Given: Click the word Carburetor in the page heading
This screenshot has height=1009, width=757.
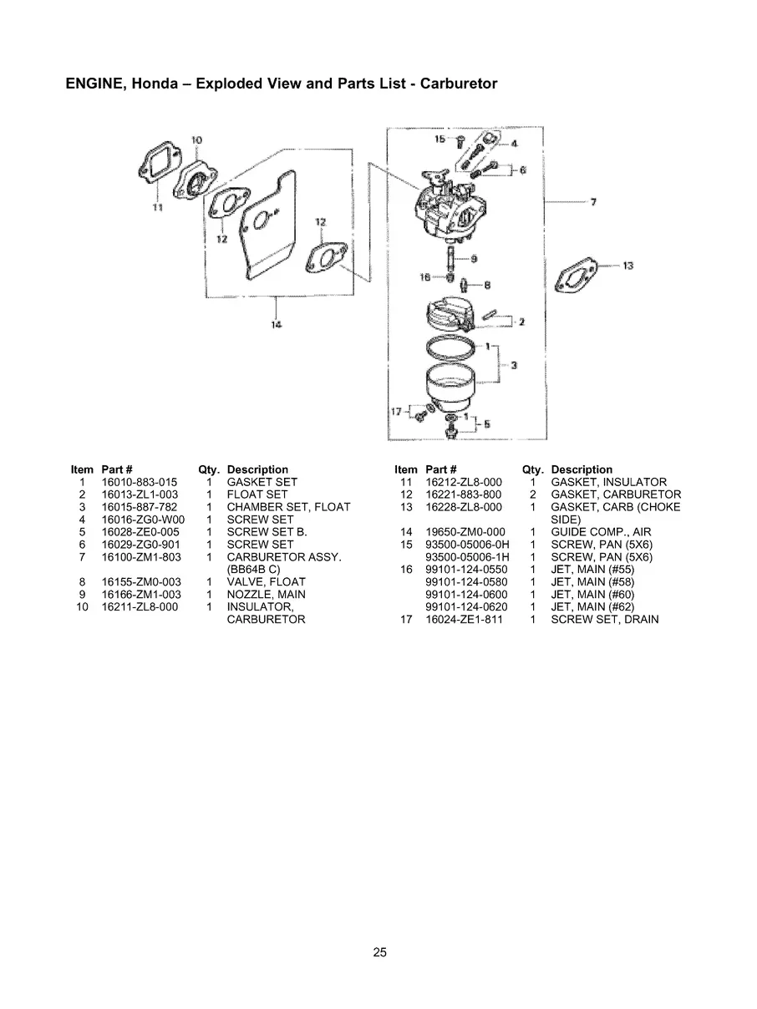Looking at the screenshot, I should click(459, 84).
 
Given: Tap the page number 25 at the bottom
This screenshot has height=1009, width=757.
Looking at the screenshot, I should click(379, 951).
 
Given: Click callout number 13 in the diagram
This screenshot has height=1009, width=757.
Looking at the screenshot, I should click(628, 266).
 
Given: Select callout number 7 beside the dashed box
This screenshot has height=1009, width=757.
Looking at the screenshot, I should click(592, 201).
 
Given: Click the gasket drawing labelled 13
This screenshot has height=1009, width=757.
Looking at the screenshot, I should click(581, 274).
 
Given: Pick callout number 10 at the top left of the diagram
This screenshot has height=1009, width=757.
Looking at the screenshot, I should click(197, 139).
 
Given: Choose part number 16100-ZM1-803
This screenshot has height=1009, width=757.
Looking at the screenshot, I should click(141, 557).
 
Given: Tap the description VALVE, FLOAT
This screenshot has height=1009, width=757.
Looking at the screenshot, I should click(266, 582).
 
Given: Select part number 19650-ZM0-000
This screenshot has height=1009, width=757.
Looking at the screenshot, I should click(465, 532).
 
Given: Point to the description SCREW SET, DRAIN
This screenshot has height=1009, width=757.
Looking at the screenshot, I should click(604, 620).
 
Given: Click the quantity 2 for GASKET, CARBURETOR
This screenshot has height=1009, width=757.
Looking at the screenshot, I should click(532, 494).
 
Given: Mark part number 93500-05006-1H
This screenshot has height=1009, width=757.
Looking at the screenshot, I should click(467, 557).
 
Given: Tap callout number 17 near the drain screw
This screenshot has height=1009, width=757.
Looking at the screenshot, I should click(398, 411).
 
